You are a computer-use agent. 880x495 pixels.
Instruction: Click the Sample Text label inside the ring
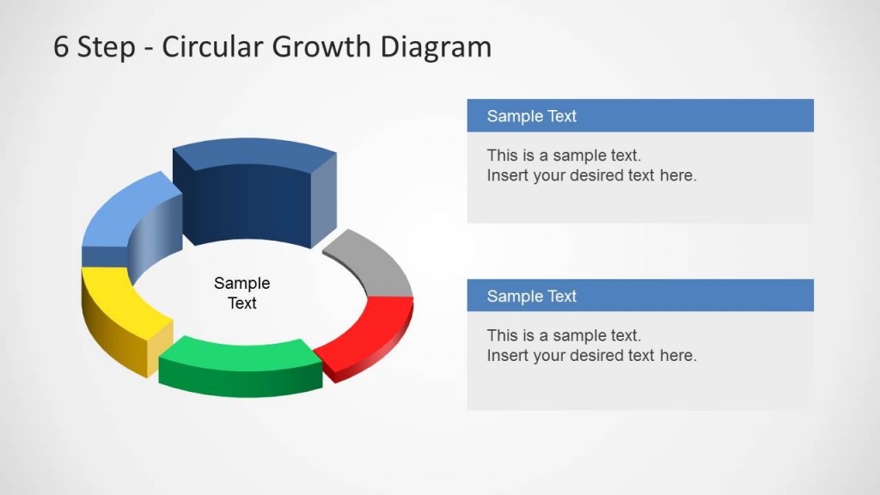point(242,293)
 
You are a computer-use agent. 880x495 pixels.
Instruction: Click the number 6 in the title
point(60,46)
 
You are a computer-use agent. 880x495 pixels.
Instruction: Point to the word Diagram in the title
point(437,46)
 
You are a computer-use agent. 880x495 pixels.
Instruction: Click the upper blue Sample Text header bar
point(639,116)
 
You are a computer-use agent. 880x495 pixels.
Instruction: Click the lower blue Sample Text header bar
point(639,296)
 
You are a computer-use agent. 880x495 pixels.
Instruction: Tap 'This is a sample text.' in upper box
point(564,156)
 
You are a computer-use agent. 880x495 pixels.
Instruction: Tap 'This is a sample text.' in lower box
point(564,335)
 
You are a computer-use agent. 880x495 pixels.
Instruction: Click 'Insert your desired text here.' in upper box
point(591,176)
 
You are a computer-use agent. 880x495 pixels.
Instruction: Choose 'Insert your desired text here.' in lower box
point(591,356)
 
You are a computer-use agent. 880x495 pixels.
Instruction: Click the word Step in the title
point(106,46)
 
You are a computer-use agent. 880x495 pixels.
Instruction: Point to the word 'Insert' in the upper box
point(507,176)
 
